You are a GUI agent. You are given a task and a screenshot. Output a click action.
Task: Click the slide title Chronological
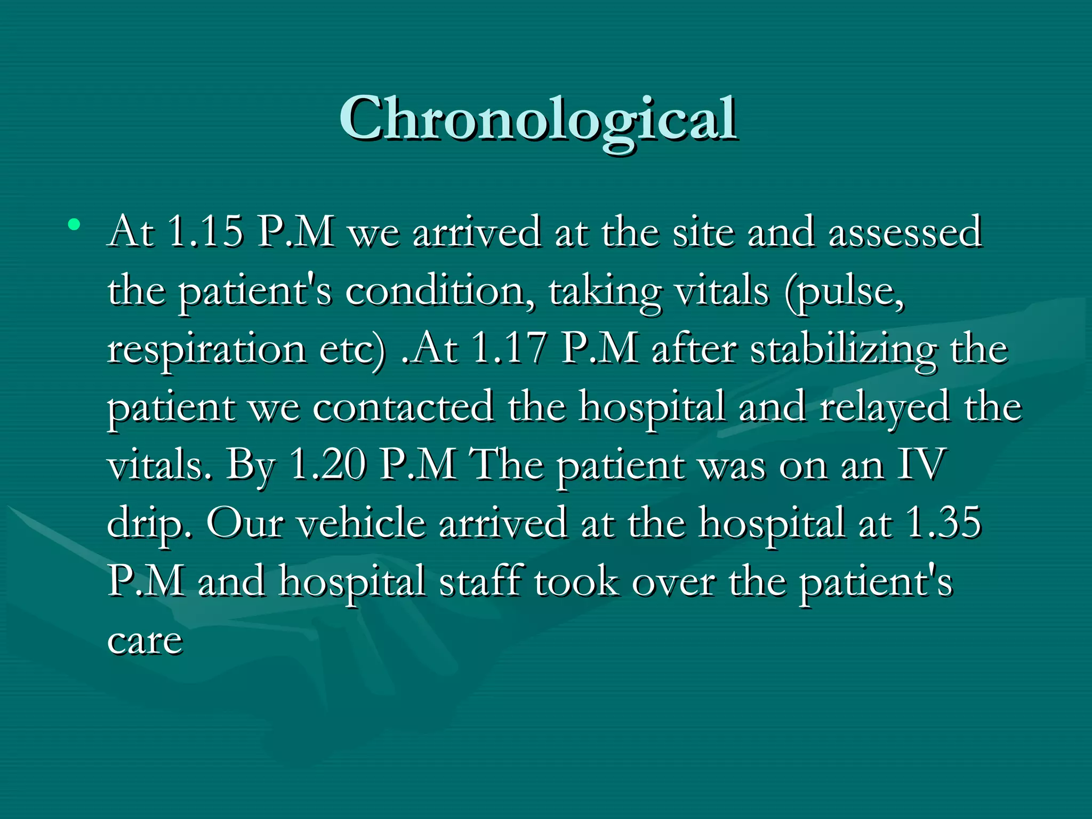click(539, 119)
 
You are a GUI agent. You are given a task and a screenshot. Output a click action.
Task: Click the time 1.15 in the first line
click(205, 232)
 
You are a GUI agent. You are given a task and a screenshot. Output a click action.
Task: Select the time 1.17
click(510, 349)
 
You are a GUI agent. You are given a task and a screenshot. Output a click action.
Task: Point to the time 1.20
click(327, 464)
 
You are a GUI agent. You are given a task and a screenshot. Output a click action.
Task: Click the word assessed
click(905, 232)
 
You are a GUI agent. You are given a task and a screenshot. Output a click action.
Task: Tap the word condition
click(435, 291)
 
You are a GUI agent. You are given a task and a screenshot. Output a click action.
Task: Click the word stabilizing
click(843, 350)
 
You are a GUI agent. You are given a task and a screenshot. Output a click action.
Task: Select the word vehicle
click(361, 523)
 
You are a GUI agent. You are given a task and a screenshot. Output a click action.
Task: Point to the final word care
click(145, 640)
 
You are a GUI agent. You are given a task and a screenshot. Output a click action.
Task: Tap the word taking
click(605, 292)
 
